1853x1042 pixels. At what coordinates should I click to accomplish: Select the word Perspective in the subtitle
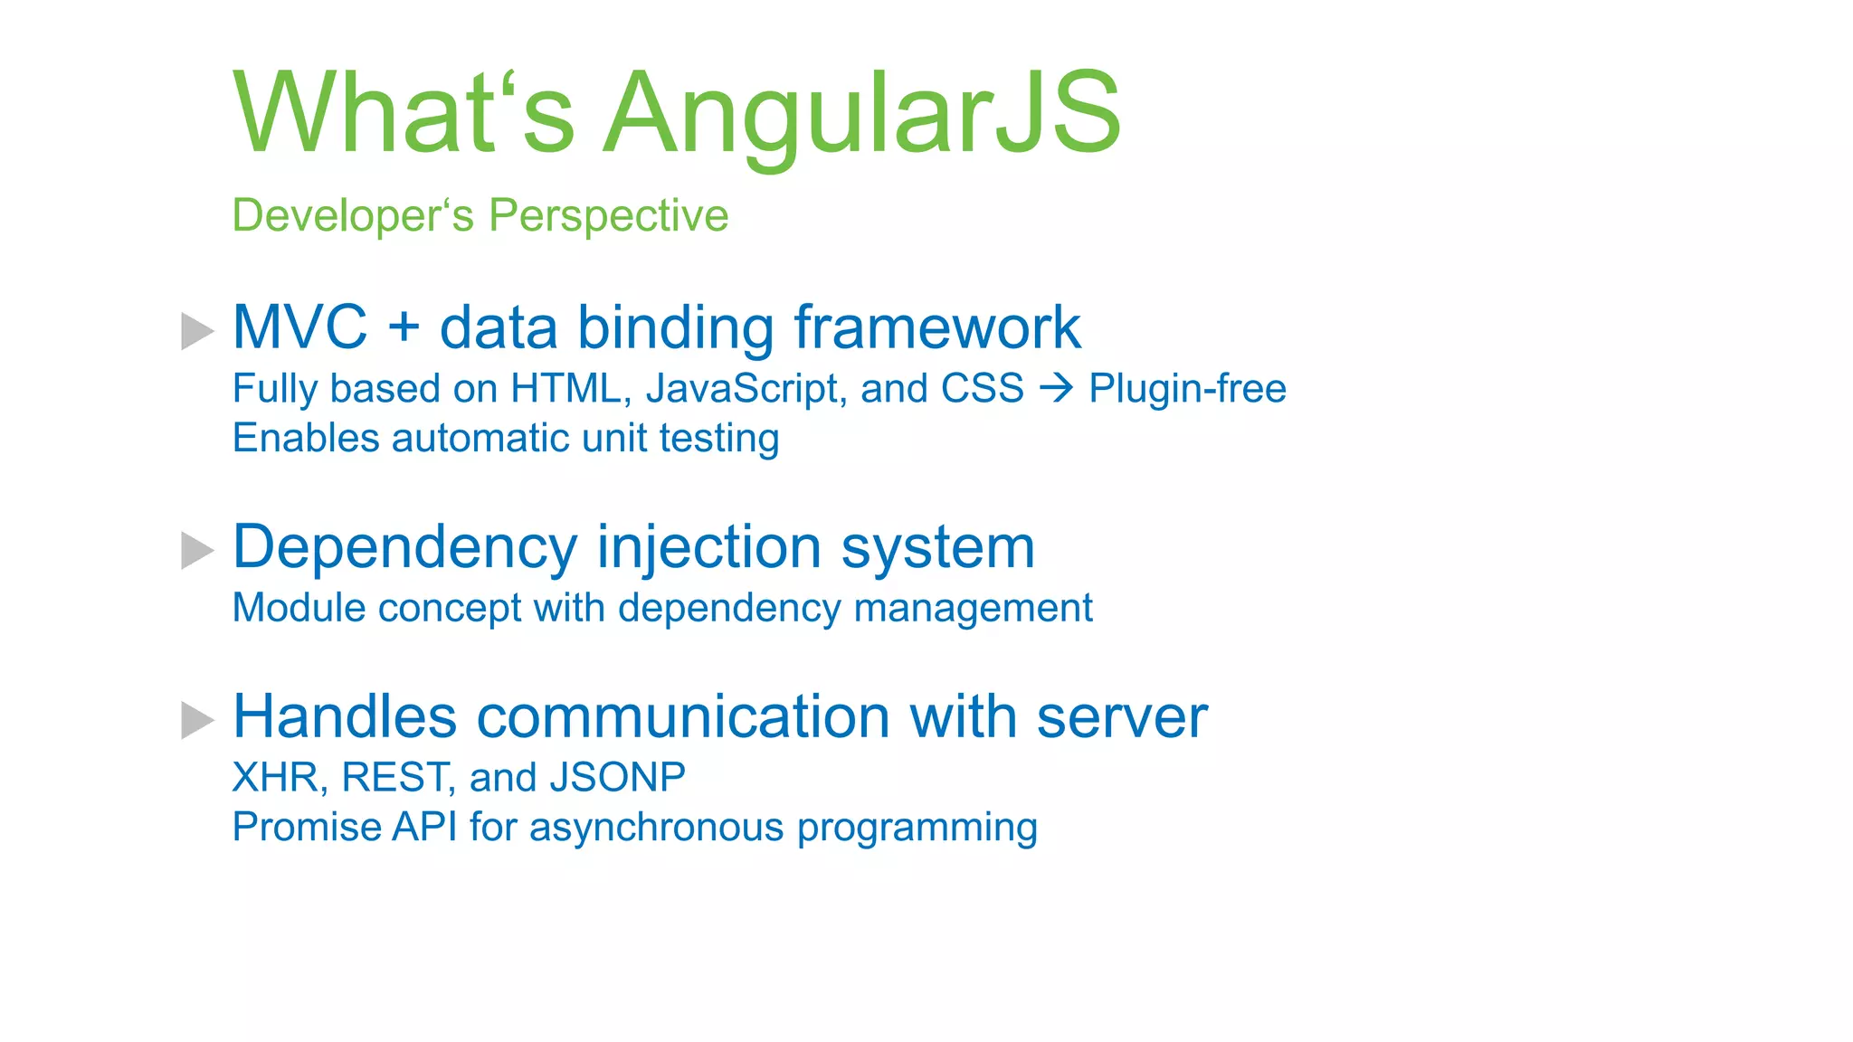[x=608, y=216]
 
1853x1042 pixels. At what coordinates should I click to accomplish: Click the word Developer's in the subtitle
[x=353, y=216]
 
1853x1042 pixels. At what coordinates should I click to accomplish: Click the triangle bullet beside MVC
[x=196, y=331]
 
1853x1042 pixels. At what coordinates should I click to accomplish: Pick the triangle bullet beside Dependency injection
[x=196, y=551]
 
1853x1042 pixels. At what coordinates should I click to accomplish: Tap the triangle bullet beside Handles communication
[x=196, y=720]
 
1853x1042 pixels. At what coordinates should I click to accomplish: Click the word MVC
[x=300, y=327]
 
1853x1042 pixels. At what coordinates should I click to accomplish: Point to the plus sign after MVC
[x=404, y=327]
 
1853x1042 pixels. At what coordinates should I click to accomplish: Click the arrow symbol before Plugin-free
[x=1056, y=389]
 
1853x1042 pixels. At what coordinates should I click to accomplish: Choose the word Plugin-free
[x=1187, y=389]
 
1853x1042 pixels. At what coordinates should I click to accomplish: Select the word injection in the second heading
[x=708, y=548]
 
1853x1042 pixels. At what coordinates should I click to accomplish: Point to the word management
[x=973, y=609]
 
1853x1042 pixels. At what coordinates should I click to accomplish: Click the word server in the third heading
[x=1121, y=717]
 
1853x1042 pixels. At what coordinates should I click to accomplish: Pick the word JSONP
[x=617, y=778]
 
